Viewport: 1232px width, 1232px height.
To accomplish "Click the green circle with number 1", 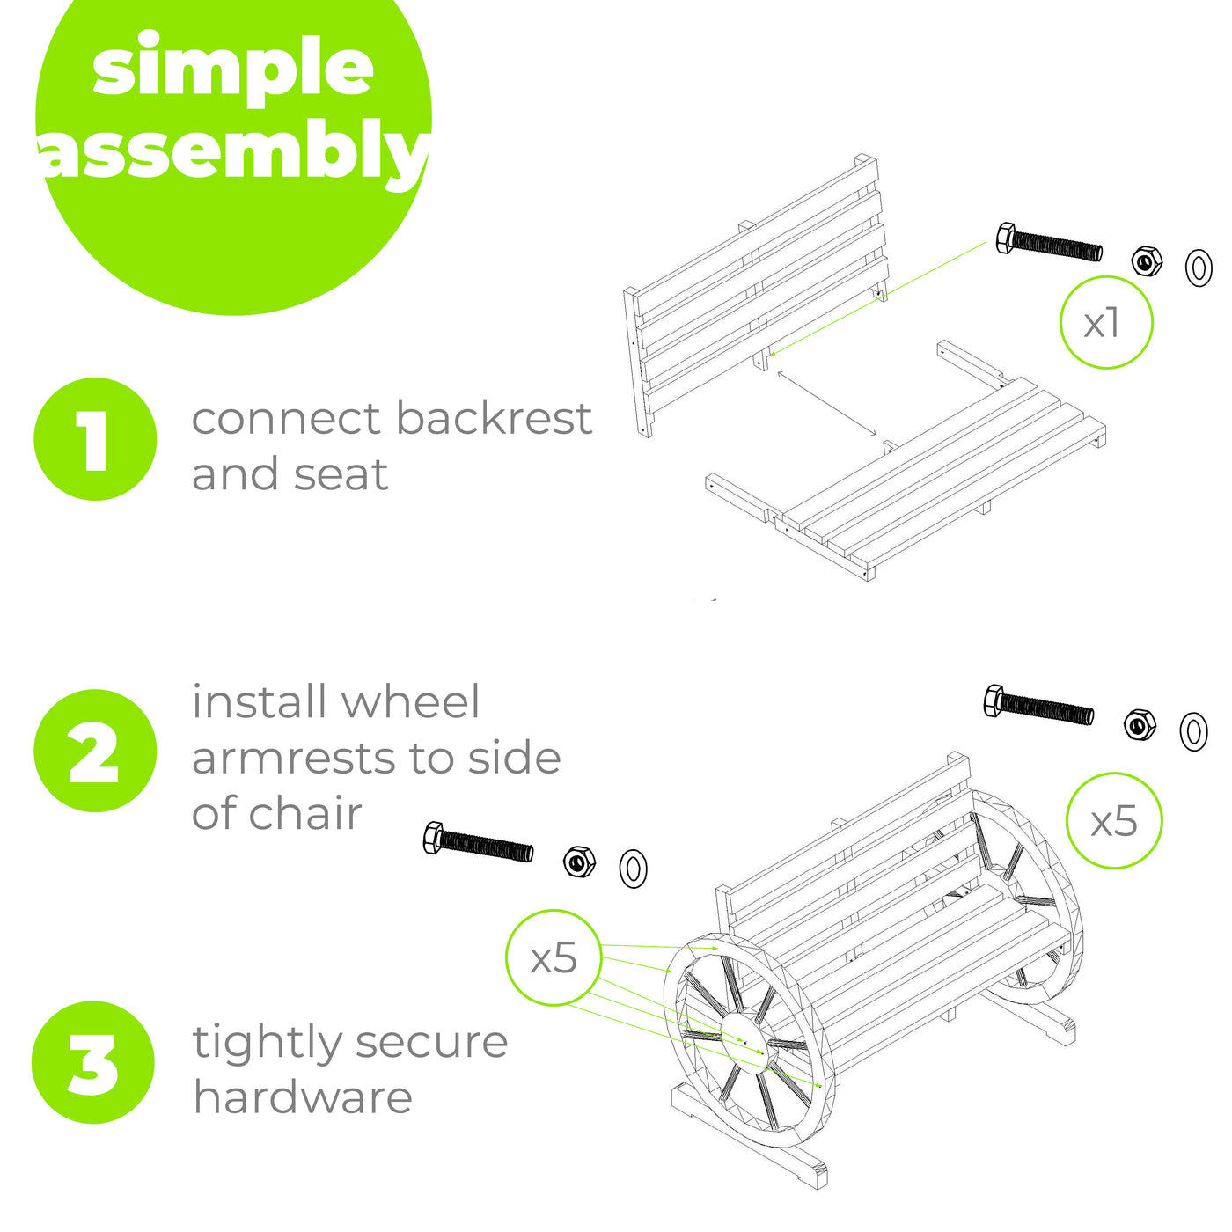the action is coord(95,439).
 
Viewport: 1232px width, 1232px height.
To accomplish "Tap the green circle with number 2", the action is coord(95,751).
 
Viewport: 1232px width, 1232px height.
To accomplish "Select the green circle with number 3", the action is coord(93,1062).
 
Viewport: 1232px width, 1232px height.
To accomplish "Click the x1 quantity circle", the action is coord(1106,322).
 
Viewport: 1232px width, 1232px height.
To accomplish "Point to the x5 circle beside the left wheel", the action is coord(554,957).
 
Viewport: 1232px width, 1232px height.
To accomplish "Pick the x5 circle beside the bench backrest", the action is coord(1114,820).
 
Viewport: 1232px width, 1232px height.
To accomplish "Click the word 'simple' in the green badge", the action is coord(232,68).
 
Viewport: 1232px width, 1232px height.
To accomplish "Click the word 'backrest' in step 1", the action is coord(495,418).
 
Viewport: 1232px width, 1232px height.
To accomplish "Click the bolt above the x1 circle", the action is coord(1049,243).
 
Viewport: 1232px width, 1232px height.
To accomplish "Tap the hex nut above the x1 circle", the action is coord(1147,260).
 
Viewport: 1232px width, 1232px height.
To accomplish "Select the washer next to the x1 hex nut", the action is coord(1199,268).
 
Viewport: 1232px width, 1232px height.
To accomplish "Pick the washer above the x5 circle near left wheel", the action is coord(633,869).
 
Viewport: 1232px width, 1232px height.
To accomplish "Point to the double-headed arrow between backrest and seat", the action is coord(826,403).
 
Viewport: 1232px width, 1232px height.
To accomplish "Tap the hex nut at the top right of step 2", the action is coord(1140,725).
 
